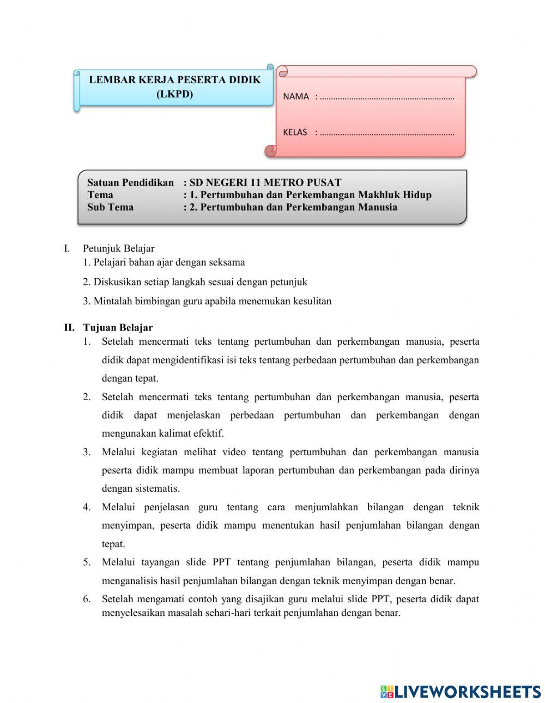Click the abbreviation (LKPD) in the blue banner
174,94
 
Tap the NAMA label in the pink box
296,96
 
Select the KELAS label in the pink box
295,132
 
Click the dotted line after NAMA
387,98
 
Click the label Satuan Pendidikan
130,182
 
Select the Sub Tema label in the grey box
110,207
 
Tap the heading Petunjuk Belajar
118,249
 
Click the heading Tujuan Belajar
118,328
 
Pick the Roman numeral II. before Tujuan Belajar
69,328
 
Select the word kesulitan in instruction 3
311,301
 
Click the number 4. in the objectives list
87,508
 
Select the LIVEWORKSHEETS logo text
468,692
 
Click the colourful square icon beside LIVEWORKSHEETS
386,692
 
